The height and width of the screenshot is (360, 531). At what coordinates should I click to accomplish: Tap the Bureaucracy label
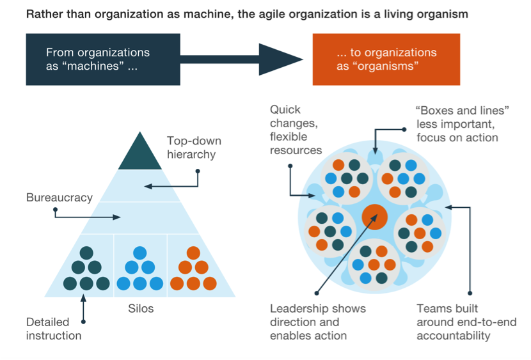59,198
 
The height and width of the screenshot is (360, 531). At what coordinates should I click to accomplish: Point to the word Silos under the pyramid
141,308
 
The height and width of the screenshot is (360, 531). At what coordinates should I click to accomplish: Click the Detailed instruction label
54,329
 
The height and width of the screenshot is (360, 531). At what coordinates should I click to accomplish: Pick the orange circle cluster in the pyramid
194,269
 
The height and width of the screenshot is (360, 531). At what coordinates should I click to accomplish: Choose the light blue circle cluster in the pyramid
140,269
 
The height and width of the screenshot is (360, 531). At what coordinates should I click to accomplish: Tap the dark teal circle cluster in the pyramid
86,269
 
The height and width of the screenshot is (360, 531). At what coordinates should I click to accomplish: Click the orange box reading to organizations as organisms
386,59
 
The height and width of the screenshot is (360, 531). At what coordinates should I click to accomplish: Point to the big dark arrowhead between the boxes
280,59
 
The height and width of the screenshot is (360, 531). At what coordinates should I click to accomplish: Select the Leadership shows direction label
317,322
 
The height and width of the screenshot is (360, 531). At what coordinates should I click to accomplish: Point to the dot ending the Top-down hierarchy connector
198,171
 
